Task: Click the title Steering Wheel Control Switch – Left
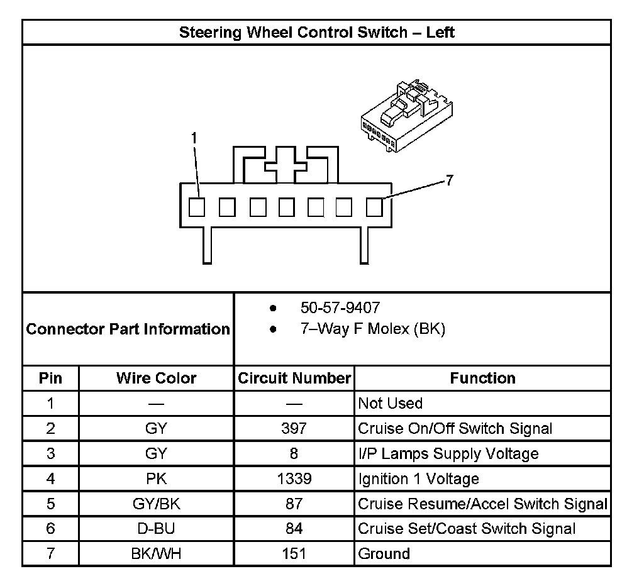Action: point(316,32)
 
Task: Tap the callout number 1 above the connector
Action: point(194,138)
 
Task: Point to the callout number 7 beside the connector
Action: point(448,181)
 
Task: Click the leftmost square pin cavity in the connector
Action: point(197,207)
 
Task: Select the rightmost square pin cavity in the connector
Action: point(374,207)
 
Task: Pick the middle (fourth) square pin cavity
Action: point(287,207)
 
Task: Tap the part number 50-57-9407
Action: point(340,307)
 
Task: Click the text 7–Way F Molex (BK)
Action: point(372,329)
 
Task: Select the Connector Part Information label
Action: point(128,329)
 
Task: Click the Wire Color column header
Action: point(156,378)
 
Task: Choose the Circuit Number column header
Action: point(294,378)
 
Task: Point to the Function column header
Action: point(482,378)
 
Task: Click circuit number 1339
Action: point(294,478)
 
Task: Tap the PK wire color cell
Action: point(156,478)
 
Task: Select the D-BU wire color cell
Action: point(156,529)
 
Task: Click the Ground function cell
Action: point(384,554)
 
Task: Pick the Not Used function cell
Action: point(390,403)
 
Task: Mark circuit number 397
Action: point(294,428)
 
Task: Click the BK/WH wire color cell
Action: point(156,554)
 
